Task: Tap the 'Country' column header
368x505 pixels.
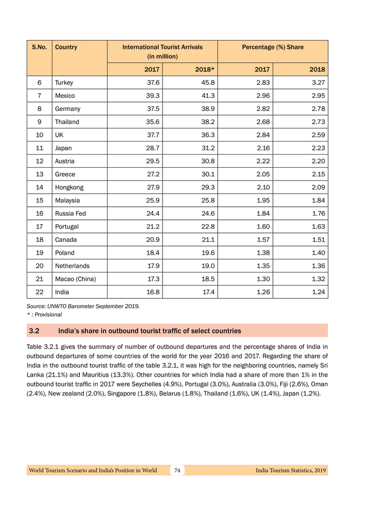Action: (x=66, y=47)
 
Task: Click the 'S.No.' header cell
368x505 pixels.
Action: (x=39, y=47)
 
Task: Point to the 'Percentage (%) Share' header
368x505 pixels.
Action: (x=272, y=47)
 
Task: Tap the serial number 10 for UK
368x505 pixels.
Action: (x=39, y=135)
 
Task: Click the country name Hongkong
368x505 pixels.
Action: (x=69, y=187)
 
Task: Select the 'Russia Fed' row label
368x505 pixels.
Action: (x=70, y=214)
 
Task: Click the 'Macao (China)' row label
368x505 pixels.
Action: (x=75, y=279)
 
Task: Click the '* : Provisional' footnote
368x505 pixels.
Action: (x=44, y=315)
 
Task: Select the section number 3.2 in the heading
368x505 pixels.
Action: (x=35, y=331)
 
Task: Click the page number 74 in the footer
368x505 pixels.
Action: (x=178, y=470)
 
